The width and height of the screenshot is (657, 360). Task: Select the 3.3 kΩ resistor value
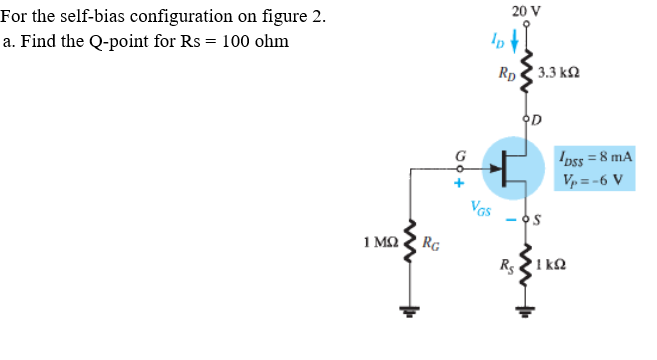tap(559, 74)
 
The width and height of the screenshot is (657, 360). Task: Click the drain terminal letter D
tap(537, 122)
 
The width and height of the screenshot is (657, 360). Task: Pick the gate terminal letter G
tap(460, 156)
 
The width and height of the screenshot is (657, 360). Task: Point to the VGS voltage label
tap(482, 209)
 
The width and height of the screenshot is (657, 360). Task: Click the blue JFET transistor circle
tap(515, 167)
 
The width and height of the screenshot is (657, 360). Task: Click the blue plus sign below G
tap(460, 184)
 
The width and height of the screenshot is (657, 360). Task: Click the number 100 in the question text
tap(236, 42)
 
